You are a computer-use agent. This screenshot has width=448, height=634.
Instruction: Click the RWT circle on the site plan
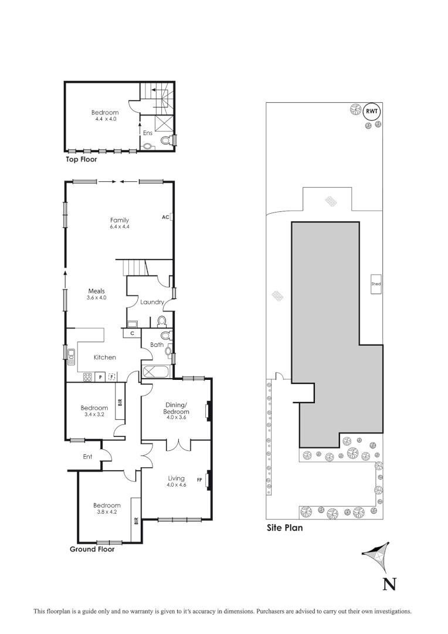point(371,111)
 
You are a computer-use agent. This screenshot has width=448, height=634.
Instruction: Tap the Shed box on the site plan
point(376,284)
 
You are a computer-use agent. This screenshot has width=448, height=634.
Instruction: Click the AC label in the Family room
point(165,217)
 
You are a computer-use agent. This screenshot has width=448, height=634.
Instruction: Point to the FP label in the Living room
point(199,480)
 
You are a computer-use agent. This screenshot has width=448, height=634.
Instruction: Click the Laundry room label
point(151,302)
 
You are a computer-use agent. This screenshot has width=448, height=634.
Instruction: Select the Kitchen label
point(105,357)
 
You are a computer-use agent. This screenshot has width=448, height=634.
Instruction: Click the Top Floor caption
point(82,159)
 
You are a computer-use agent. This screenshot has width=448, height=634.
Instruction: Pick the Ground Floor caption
point(92,549)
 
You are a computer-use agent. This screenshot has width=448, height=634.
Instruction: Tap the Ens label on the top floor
point(148,133)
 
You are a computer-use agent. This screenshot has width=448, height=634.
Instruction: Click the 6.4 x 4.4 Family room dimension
point(120,227)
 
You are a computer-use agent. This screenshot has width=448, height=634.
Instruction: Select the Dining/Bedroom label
point(176,409)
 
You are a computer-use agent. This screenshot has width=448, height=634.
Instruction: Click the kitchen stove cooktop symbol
point(87,377)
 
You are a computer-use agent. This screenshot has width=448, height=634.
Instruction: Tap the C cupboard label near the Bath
point(132,333)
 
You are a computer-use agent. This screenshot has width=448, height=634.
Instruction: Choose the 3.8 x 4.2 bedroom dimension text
point(106,512)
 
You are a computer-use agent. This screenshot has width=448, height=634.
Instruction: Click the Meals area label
point(96,291)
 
